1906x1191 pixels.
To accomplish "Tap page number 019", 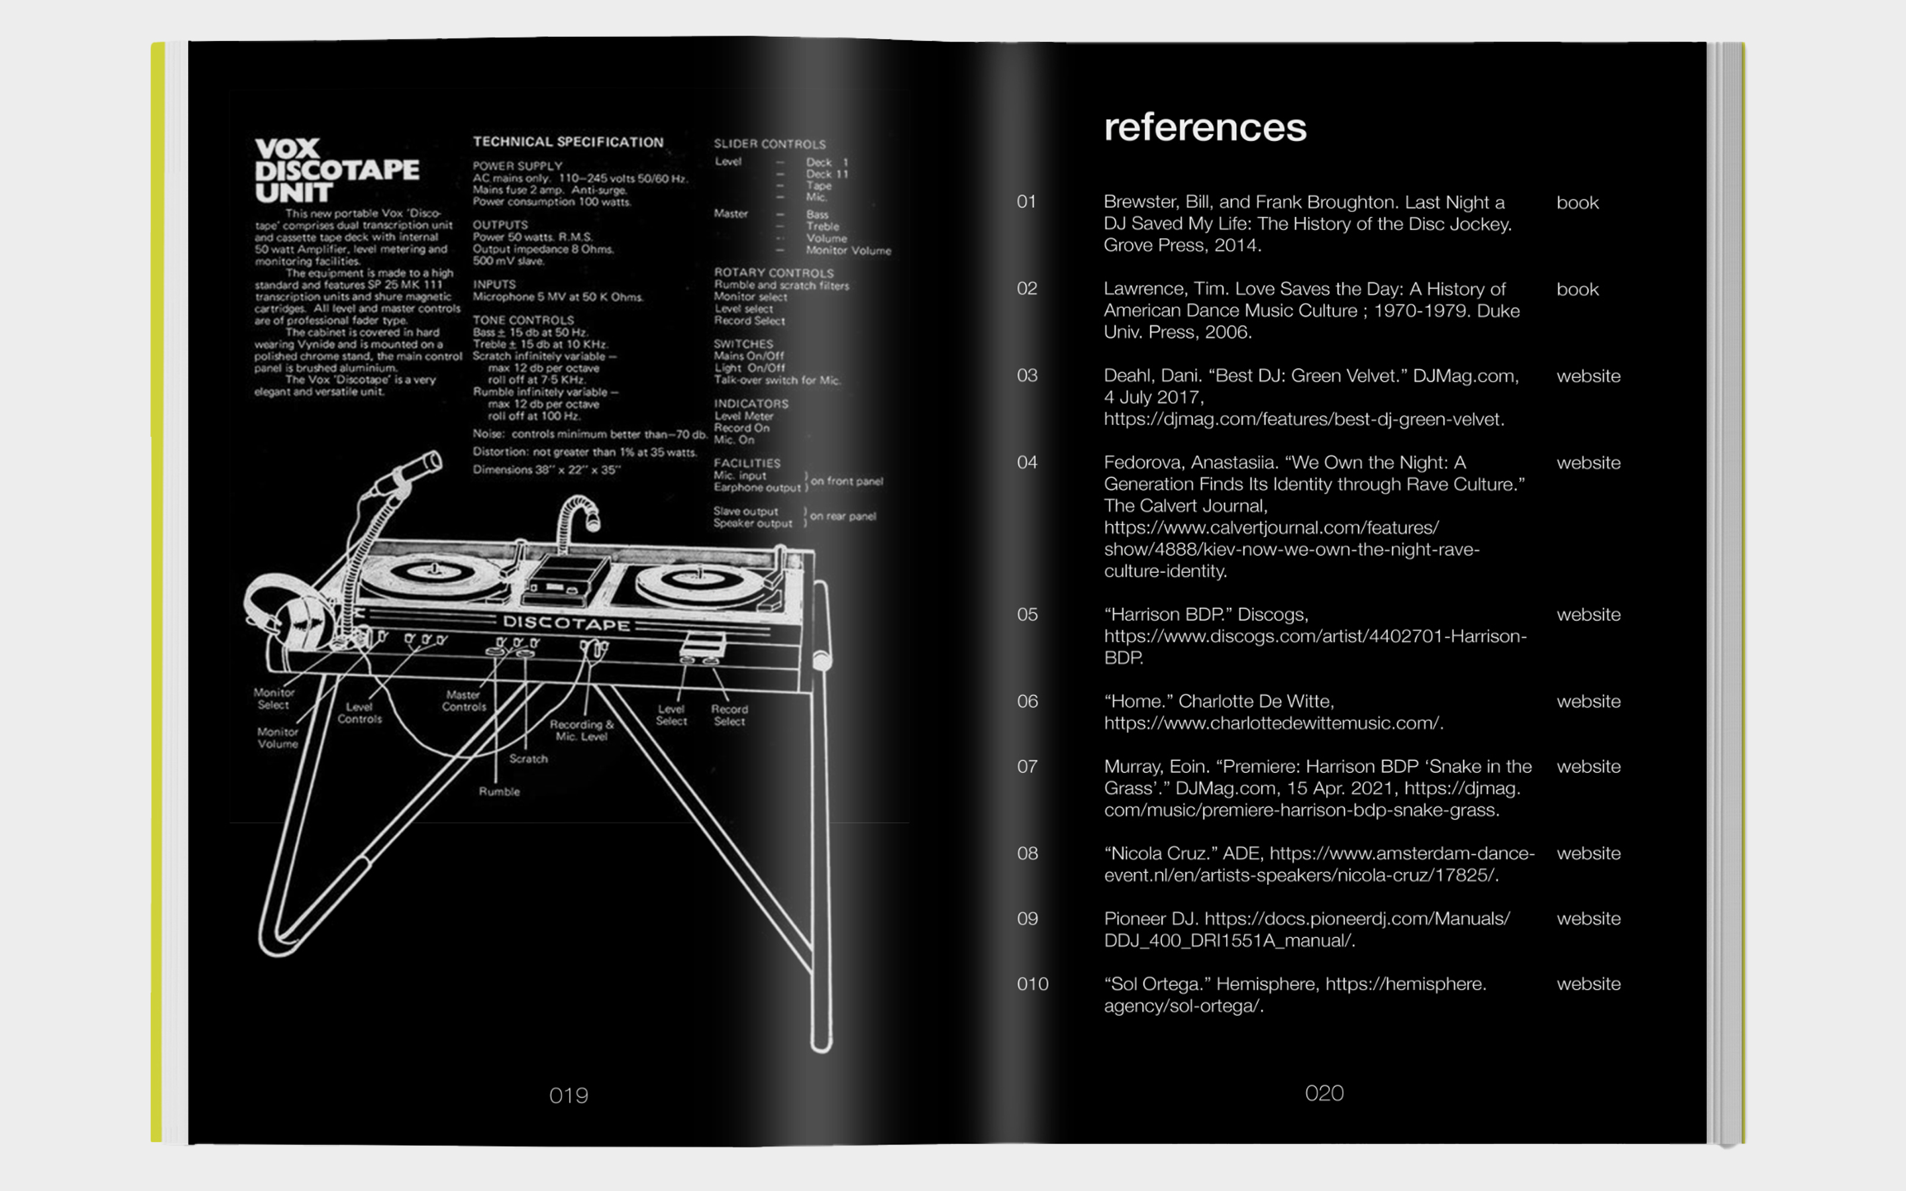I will click(x=568, y=1095).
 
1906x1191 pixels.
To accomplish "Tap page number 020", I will click(x=1324, y=1093).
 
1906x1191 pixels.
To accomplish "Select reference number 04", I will click(x=1027, y=462).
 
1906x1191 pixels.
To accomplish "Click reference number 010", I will click(x=1032, y=984).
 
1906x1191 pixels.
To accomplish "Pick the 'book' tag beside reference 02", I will click(x=1577, y=289).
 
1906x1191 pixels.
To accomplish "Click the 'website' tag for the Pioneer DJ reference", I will click(x=1588, y=918).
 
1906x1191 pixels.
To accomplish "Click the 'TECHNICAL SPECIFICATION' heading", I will click(x=568, y=142).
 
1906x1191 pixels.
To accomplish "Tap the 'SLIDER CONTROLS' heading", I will click(x=769, y=144).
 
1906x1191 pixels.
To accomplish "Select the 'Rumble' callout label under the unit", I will click(x=500, y=791).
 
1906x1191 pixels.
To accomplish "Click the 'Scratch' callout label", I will click(x=528, y=759).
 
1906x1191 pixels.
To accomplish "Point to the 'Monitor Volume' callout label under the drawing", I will click(x=277, y=737).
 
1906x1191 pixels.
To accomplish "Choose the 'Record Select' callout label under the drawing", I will click(x=729, y=715).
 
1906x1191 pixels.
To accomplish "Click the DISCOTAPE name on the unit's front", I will click(x=566, y=623).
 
